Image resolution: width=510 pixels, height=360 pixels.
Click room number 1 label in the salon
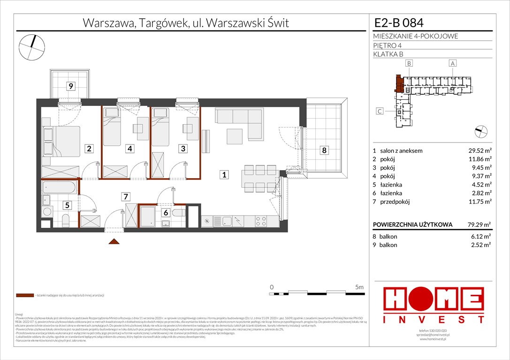tap(224, 175)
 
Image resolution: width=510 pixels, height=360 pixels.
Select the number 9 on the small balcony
tap(70, 86)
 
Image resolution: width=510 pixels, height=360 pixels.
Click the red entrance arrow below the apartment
tap(113, 241)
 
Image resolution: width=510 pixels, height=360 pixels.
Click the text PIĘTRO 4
tap(388, 45)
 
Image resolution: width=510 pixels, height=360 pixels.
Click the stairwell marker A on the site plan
tap(452, 63)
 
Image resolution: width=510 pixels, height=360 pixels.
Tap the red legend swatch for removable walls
tap(24, 296)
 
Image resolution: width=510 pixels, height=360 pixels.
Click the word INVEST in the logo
tap(434, 319)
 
